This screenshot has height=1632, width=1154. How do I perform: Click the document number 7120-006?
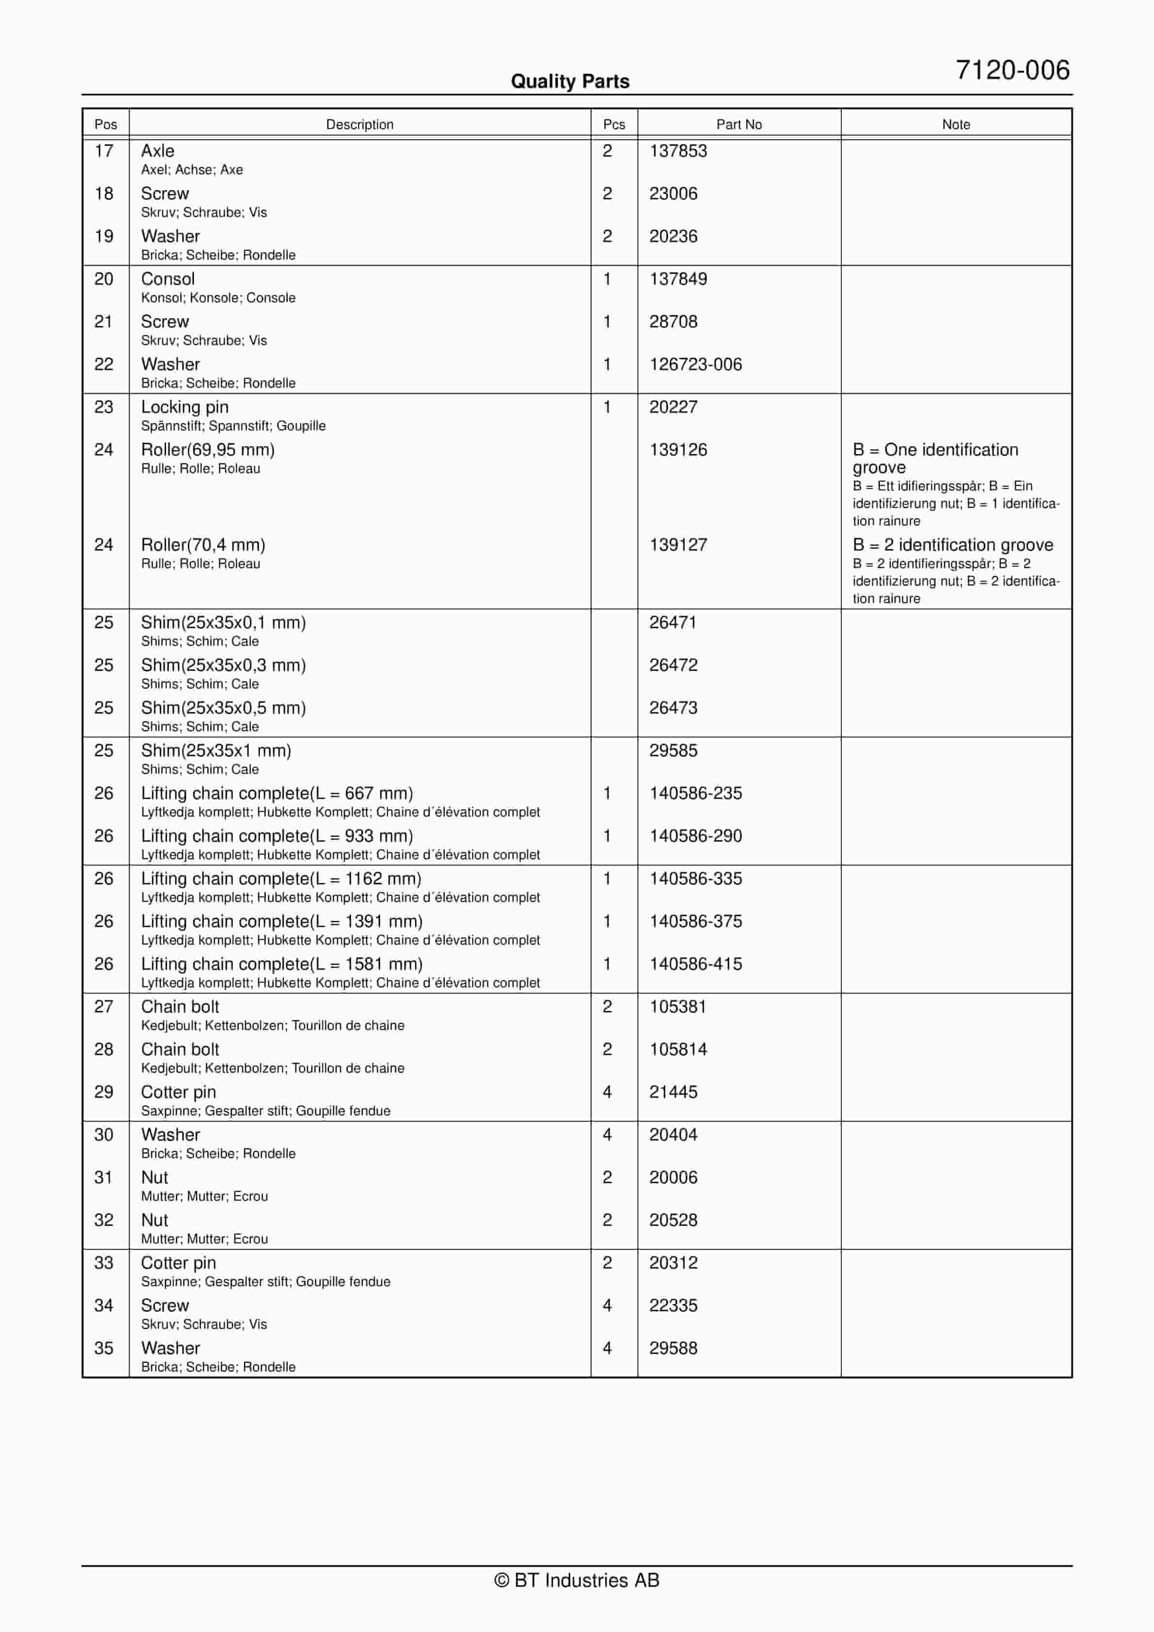[x=1012, y=70]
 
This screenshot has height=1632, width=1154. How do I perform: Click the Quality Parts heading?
[x=570, y=82]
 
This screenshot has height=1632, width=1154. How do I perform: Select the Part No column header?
[x=738, y=124]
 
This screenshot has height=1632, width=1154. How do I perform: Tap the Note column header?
[x=956, y=124]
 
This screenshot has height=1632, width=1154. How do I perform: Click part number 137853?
[x=678, y=151]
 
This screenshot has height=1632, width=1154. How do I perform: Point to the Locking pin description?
[x=185, y=408]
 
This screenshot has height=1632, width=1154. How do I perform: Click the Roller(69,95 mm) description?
[x=208, y=450]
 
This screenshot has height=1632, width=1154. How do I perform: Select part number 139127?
[x=678, y=545]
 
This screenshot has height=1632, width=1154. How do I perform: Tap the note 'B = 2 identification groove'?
[x=952, y=545]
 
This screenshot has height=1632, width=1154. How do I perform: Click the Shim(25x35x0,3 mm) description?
[x=223, y=665]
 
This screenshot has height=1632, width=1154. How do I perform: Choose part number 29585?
[x=673, y=751]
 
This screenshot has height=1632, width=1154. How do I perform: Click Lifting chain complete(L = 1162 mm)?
[x=281, y=879]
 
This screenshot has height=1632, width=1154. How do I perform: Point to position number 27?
[x=104, y=1007]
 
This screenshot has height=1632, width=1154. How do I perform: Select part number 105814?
[x=678, y=1049]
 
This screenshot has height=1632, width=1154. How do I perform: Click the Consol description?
[x=168, y=279]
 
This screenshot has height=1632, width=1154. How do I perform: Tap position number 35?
[x=104, y=1348]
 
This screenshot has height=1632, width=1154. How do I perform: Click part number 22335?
[x=673, y=1305]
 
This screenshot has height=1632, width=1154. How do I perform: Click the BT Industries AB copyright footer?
[x=577, y=1580]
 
